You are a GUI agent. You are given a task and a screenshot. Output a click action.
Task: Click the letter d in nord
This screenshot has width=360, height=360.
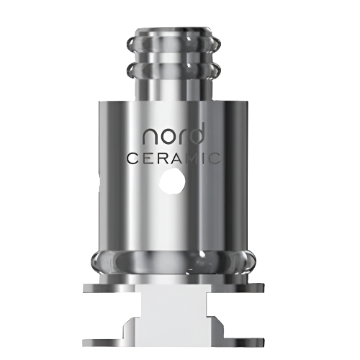197,133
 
